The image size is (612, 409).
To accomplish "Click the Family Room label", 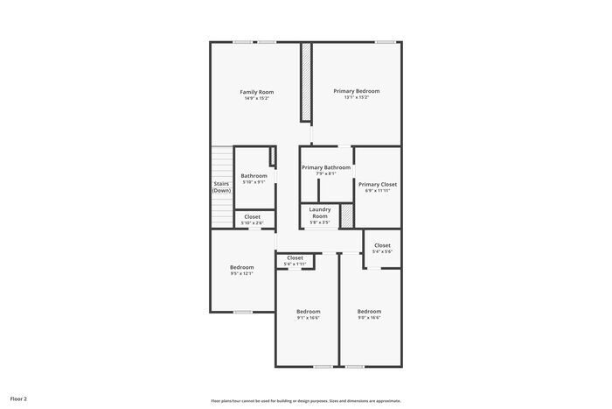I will point(257,92).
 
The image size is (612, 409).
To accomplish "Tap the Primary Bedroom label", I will point(356,91).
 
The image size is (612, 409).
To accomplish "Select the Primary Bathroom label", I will point(326,167).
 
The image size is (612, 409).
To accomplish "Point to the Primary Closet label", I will point(378,185).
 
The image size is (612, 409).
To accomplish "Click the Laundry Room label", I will point(319,213).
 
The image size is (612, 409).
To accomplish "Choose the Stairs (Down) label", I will point(221,187).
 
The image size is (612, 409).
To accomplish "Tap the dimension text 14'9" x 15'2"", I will point(257,98).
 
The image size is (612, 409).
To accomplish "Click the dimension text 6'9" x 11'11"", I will point(378,191).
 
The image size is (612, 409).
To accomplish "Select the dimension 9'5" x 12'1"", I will point(241,273).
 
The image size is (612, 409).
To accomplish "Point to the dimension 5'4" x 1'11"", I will point(295,264).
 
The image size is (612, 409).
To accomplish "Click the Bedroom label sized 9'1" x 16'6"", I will point(308,312).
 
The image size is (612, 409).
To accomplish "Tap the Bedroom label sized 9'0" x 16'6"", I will point(369,312).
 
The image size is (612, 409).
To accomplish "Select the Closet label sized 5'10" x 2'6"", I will point(252,217).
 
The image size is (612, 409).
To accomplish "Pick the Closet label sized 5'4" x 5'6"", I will point(382,245).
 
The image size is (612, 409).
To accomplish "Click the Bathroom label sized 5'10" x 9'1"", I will point(254,176).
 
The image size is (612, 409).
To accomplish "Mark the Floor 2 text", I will point(18,398).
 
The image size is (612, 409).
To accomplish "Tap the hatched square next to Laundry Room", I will point(346,215).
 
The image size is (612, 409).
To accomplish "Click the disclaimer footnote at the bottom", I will point(306,400).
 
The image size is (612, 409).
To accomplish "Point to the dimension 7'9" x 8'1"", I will point(326,173).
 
